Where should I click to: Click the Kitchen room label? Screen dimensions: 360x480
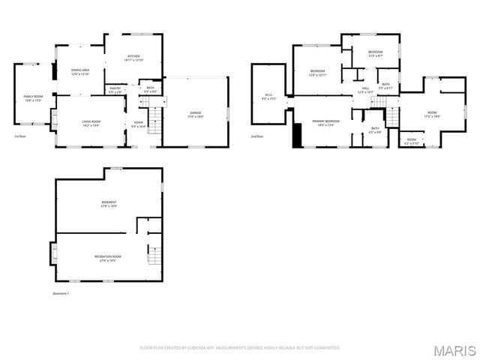pos(133,58)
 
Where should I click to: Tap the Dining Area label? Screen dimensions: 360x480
pos(80,72)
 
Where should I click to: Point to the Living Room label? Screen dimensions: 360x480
pos(91,123)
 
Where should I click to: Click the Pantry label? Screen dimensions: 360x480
pos(115,90)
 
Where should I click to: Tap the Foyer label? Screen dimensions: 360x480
pos(138,124)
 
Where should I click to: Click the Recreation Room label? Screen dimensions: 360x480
pos(108,258)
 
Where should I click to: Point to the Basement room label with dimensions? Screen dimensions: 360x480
pos(109,204)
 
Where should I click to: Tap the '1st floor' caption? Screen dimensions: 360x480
pos(20,136)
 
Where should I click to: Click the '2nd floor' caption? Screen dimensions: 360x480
pos(257,136)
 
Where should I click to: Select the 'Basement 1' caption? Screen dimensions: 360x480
pos(61,293)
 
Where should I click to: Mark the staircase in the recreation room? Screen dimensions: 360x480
pos(154,257)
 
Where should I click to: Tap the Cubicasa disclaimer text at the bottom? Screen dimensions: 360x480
pos(240,348)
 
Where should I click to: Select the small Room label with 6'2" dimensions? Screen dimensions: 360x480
pos(412,141)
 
